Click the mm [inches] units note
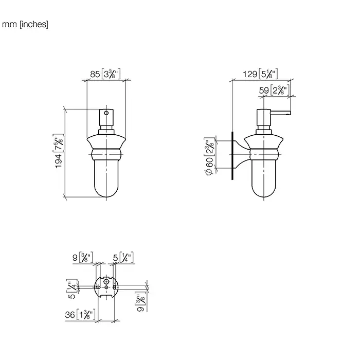tap(25, 24)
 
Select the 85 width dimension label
tap(105, 74)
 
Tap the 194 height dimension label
tap(59, 151)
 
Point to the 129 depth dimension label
tap(260, 74)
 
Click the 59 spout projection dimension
tap(274, 90)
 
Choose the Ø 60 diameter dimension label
tap(209, 156)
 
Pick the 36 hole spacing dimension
tap(80, 314)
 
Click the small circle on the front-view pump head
tap(106, 113)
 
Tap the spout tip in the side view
tap(289, 113)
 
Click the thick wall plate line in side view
tap(232, 156)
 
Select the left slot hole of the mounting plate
tap(97, 287)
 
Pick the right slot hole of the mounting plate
tap(115, 287)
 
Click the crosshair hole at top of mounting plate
tap(106, 281)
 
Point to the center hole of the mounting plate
tap(106, 287)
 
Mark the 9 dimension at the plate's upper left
tap(83, 257)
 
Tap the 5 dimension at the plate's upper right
tap(123, 257)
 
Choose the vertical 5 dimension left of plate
tap(72, 289)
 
